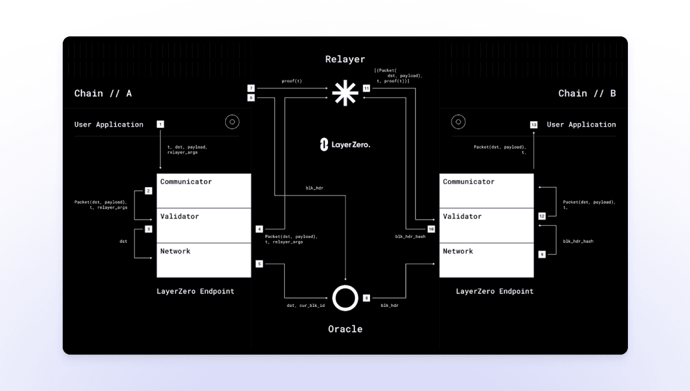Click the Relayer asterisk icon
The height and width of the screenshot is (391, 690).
(345, 93)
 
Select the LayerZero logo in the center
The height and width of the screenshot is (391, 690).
(345, 144)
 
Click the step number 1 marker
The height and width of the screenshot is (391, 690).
(160, 124)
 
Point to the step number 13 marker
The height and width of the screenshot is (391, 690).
(534, 125)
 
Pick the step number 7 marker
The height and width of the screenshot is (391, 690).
(251, 88)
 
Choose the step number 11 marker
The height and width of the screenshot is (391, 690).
(366, 88)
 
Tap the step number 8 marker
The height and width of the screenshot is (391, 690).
(366, 298)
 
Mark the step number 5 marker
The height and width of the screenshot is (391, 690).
(259, 264)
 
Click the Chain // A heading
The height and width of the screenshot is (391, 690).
(103, 94)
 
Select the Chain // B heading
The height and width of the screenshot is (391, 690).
(587, 94)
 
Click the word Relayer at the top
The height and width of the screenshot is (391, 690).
(345, 59)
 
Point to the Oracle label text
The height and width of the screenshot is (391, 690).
(345, 329)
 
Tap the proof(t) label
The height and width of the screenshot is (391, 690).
(292, 81)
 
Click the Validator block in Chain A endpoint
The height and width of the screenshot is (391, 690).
(204, 225)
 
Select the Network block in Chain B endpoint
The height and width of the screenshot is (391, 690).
(487, 260)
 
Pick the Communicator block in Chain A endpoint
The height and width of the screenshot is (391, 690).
(204, 191)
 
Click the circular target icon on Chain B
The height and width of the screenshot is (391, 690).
(458, 122)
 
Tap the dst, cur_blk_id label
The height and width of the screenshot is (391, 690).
(306, 305)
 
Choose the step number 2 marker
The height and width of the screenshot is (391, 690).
(148, 191)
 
